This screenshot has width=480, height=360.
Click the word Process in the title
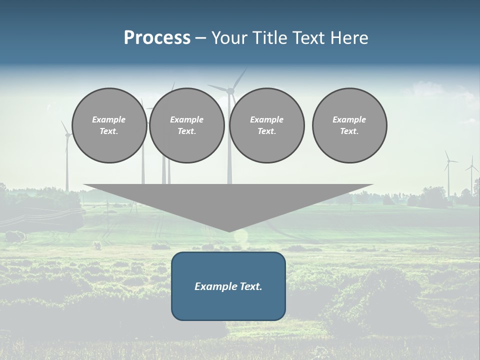coord(157,38)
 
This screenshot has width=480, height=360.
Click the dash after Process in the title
coord(200,39)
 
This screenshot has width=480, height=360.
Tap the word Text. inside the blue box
coord(249,286)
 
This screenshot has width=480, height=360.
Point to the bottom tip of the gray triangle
coord(229,231)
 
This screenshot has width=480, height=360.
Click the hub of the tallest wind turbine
coord(230,91)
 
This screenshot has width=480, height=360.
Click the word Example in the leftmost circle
coord(109,119)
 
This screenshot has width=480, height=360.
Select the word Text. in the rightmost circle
coord(349,131)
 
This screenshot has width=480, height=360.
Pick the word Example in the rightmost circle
coord(349,119)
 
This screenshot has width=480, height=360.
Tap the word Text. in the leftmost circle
coord(109,131)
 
